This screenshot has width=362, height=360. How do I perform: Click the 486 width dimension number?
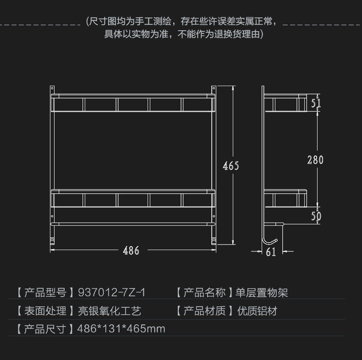[x=131, y=251]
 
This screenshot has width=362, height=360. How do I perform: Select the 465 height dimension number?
[x=231, y=165]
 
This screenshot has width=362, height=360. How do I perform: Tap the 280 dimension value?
[x=315, y=160]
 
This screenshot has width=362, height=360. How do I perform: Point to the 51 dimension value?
[x=316, y=103]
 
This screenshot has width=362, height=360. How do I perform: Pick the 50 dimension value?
[x=316, y=216]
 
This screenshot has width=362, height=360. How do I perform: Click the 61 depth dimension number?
[x=271, y=251]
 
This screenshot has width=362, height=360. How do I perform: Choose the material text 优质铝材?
[x=257, y=311]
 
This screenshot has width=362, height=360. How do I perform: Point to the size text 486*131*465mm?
[x=121, y=329]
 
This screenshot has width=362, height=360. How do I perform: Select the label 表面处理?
[x=45, y=311]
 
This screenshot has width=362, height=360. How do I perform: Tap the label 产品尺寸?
[x=45, y=329]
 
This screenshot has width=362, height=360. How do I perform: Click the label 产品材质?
[x=205, y=311]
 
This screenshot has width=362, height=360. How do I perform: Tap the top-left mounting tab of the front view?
[x=52, y=88]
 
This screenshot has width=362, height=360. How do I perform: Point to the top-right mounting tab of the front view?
[x=214, y=88]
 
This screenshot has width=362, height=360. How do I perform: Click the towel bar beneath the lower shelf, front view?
[x=133, y=224]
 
